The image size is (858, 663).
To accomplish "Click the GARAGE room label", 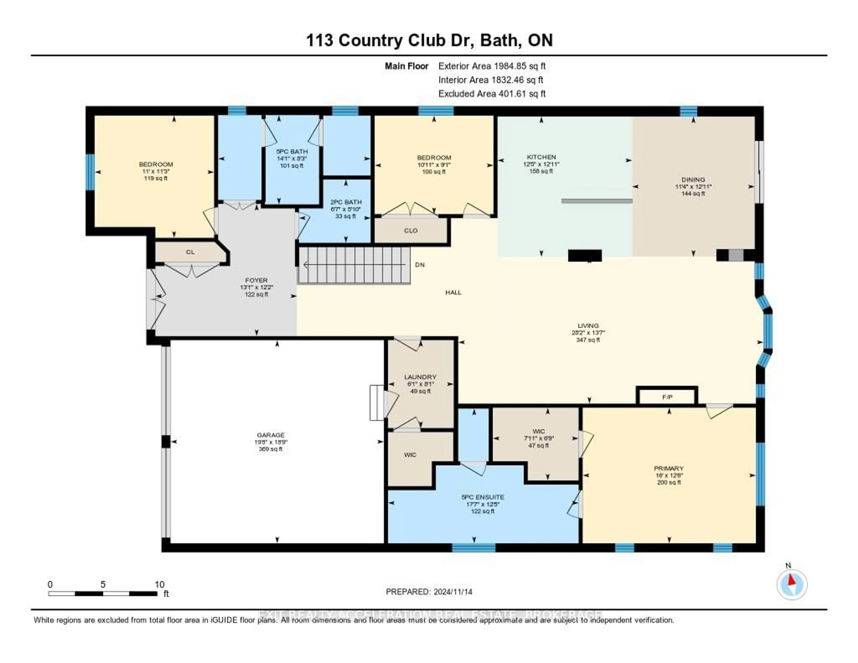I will [x=270, y=435].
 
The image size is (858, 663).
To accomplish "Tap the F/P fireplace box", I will [x=667, y=397].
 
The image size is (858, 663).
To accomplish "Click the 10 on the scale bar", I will [x=160, y=584].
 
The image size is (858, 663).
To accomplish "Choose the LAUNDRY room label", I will [x=420, y=377].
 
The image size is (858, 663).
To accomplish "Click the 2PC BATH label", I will [x=346, y=202].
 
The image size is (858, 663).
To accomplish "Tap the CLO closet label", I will [x=410, y=231].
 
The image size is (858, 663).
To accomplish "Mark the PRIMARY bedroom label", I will [x=669, y=468].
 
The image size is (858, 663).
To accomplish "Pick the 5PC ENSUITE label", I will [x=482, y=497].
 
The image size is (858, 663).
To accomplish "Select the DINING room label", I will [x=693, y=179].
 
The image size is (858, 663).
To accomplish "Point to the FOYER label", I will [x=256, y=280].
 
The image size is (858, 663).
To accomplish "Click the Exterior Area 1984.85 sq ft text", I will [x=492, y=66].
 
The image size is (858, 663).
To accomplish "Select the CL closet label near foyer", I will [x=190, y=252].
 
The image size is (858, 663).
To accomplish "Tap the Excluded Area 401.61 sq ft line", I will [x=492, y=93].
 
